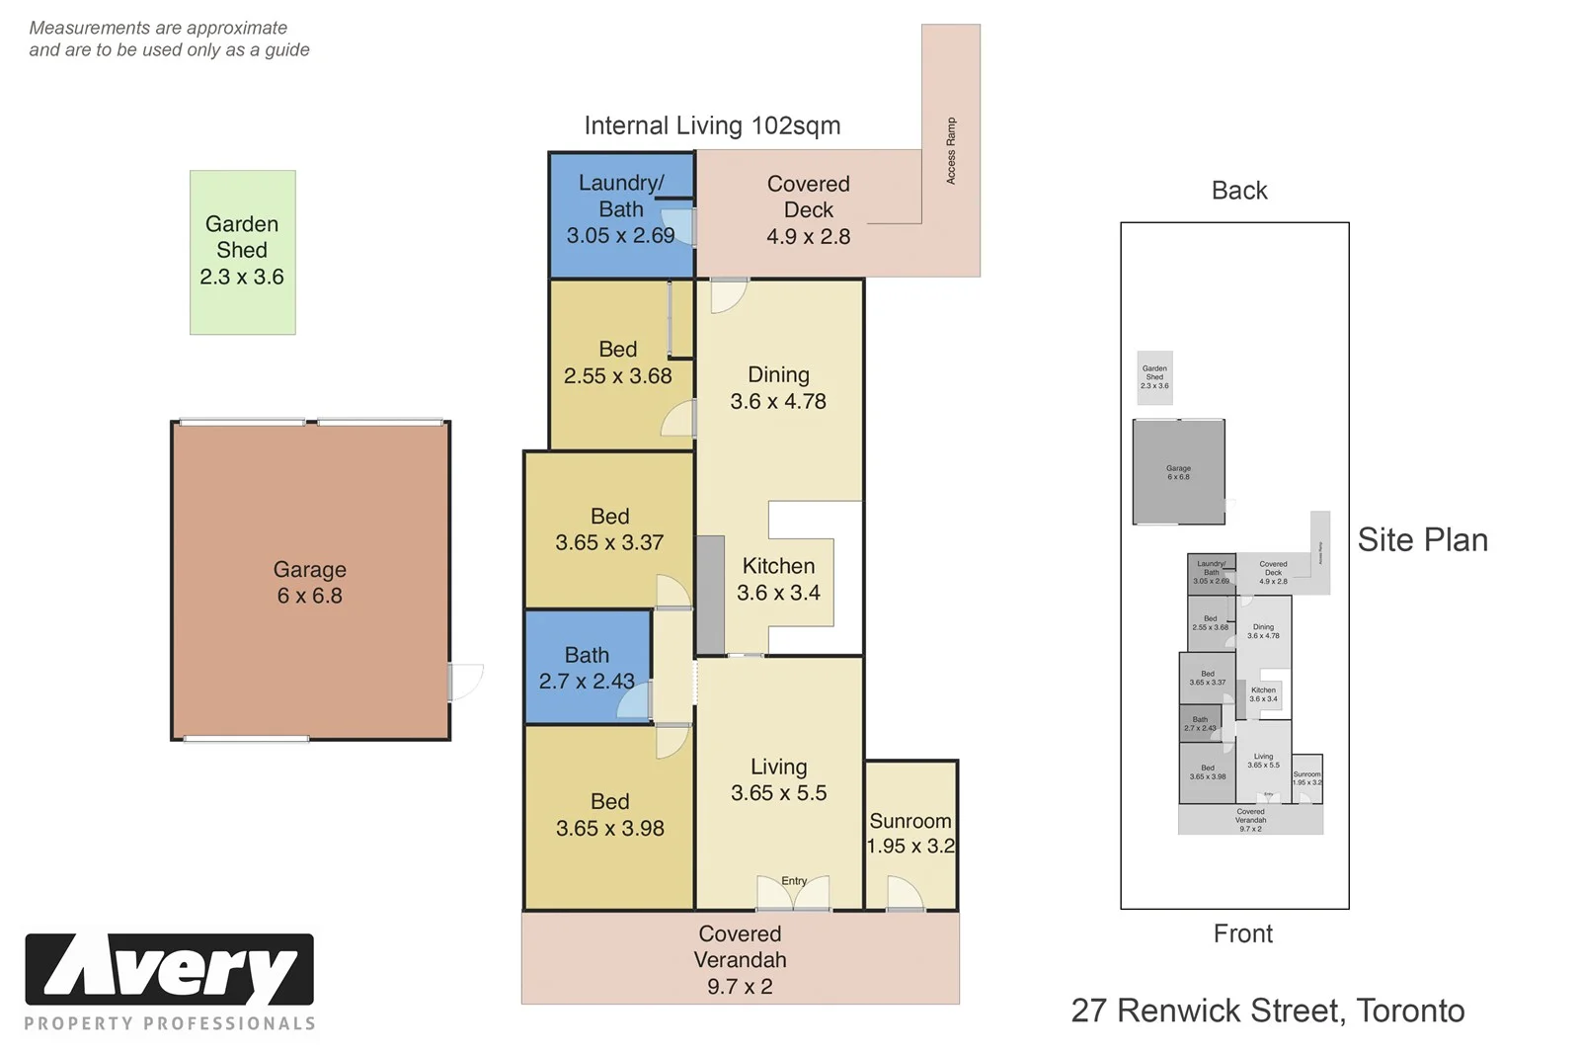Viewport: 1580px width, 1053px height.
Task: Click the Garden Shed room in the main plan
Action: pyautogui.click(x=242, y=251)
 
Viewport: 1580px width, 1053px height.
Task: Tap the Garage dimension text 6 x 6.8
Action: pyautogui.click(x=309, y=596)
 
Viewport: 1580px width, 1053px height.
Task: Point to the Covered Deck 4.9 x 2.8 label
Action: pyautogui.click(x=808, y=209)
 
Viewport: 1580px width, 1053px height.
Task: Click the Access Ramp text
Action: pyautogui.click(x=951, y=150)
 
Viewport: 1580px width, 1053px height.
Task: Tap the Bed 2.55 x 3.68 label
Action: pyautogui.click(x=617, y=363)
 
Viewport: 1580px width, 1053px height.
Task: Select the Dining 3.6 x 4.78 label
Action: pyautogui.click(x=778, y=388)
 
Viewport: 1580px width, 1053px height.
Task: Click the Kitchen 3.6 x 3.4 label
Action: pyautogui.click(x=778, y=579)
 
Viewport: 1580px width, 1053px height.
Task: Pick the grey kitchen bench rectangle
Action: pyautogui.click(x=709, y=595)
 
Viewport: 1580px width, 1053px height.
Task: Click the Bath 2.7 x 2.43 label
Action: pyautogui.click(x=587, y=668)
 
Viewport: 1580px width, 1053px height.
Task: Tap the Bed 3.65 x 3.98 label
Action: pyautogui.click(x=609, y=815)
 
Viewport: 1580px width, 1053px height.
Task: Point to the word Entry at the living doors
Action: pyautogui.click(x=794, y=880)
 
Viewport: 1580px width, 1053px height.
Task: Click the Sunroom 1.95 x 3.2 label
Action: pyautogui.click(x=910, y=833)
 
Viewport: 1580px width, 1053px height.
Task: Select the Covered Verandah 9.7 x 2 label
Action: pyautogui.click(x=740, y=959)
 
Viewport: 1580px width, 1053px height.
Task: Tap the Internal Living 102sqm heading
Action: pyautogui.click(x=712, y=125)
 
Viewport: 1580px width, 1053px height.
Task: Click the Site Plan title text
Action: pyautogui.click(x=1422, y=539)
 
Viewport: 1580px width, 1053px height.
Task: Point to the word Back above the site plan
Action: pyautogui.click(x=1238, y=190)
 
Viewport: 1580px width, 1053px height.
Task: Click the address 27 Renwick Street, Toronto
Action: pyautogui.click(x=1268, y=1011)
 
